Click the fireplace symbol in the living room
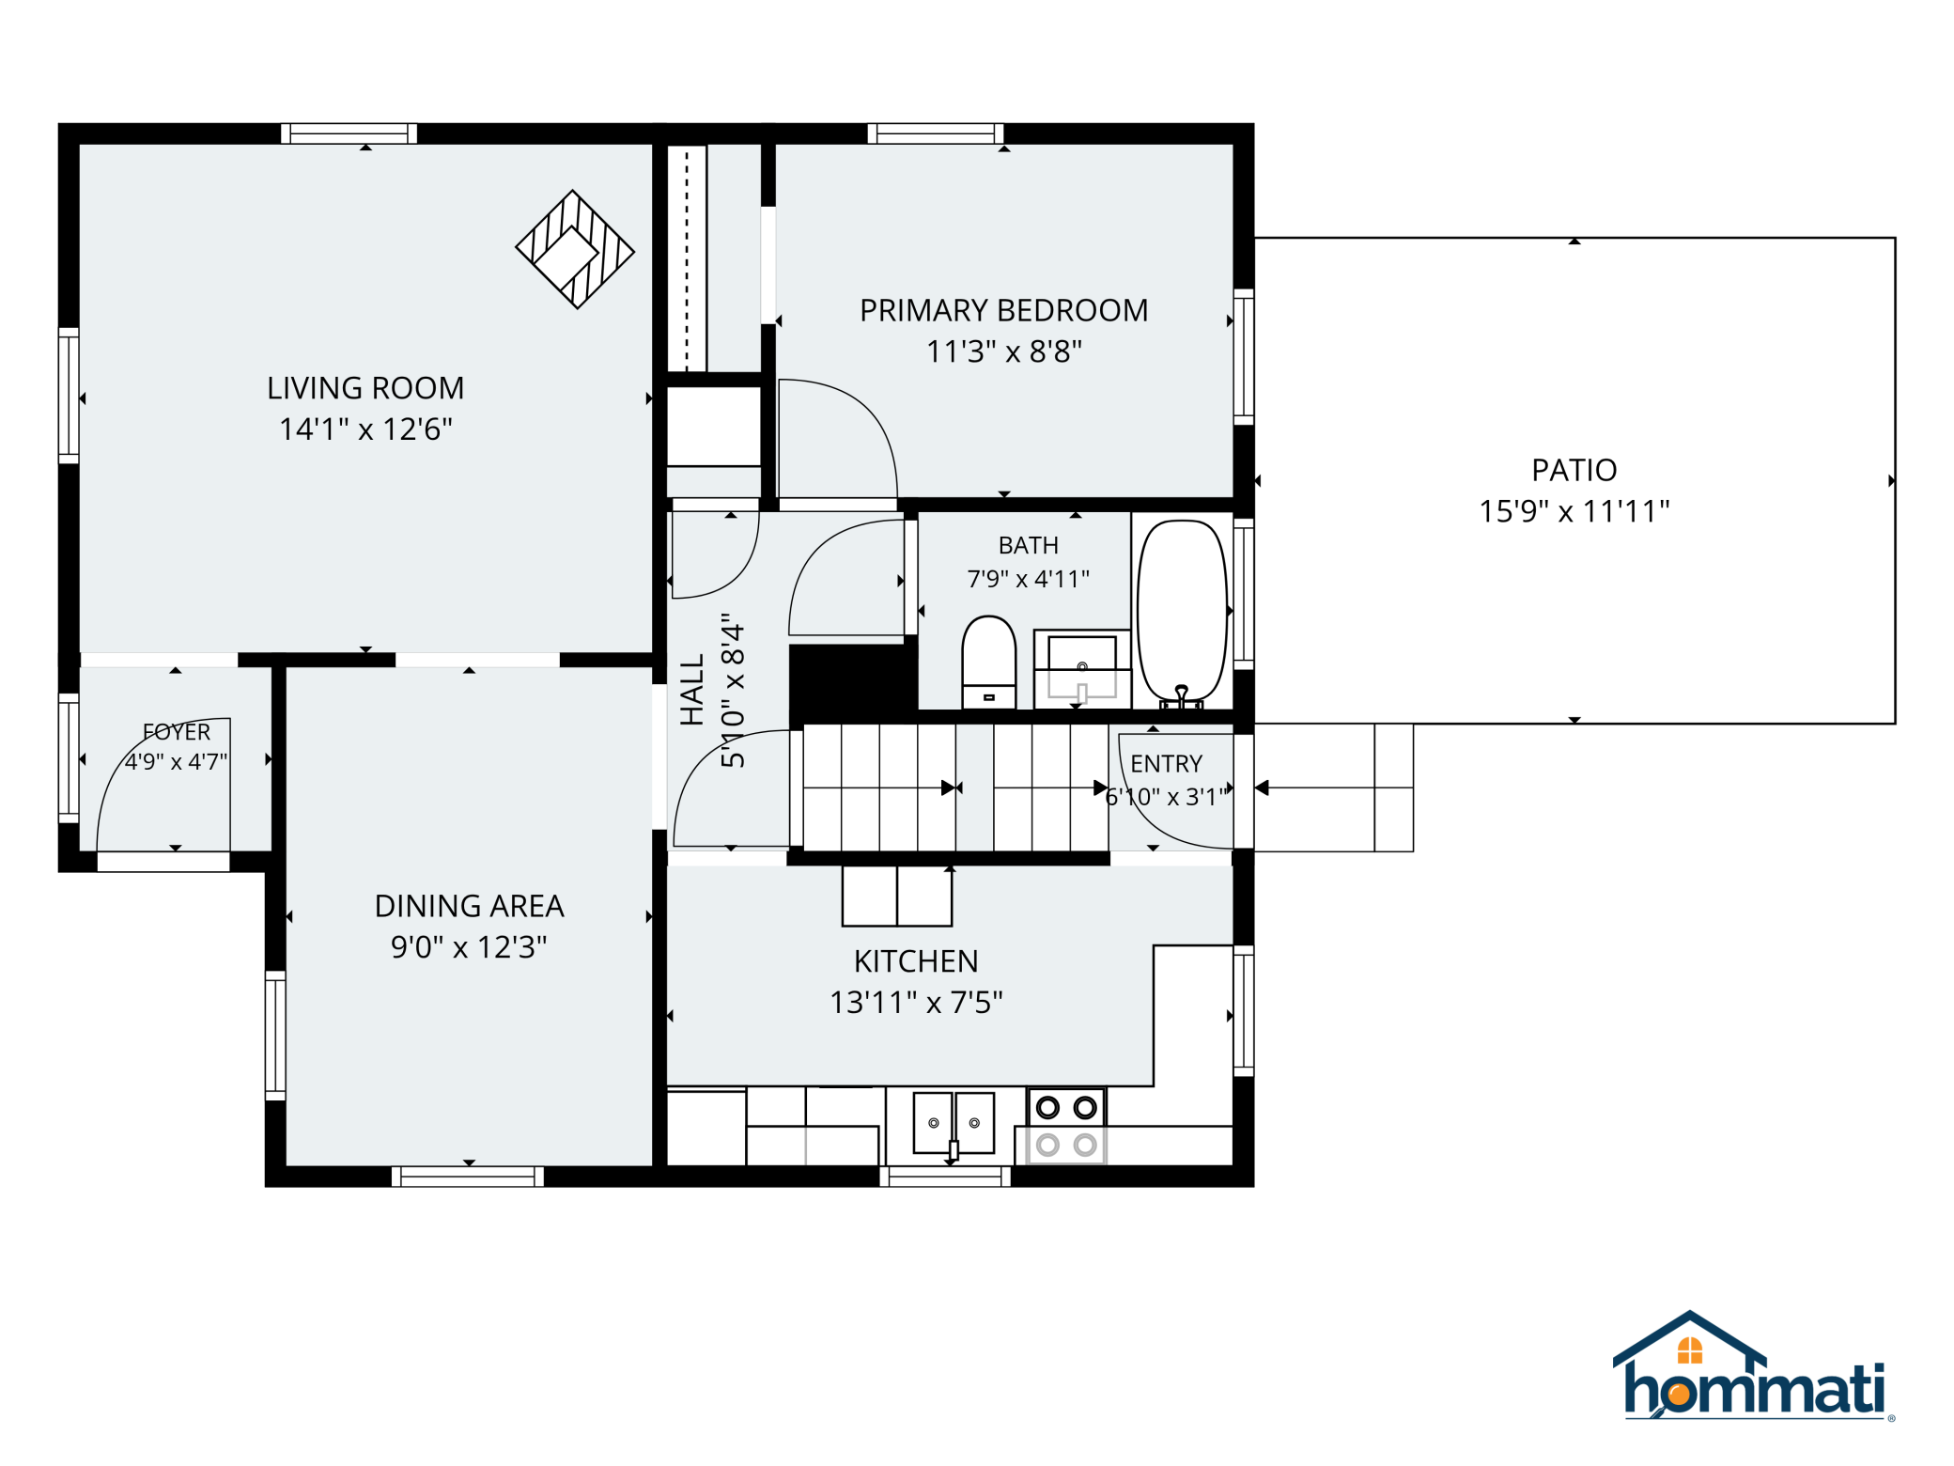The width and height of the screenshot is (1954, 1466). click(x=575, y=249)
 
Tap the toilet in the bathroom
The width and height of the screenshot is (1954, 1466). click(x=988, y=662)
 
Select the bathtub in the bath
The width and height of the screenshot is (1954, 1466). click(x=1182, y=613)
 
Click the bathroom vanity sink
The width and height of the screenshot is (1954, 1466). click(x=1081, y=668)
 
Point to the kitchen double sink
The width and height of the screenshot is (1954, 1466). click(x=954, y=1123)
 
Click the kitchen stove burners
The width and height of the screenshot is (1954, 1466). click(x=1066, y=1126)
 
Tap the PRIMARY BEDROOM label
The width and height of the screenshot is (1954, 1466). click(x=1003, y=310)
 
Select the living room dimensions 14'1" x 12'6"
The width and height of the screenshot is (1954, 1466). click(x=365, y=429)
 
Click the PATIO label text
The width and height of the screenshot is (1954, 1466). click(x=1574, y=470)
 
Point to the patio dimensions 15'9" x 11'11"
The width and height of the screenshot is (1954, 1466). click(x=1574, y=511)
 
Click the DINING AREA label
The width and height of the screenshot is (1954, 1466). click(x=469, y=906)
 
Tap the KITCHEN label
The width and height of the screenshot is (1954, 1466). click(x=916, y=961)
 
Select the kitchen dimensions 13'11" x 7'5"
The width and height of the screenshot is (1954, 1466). click(x=916, y=1003)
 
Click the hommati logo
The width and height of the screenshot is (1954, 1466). click(x=1753, y=1366)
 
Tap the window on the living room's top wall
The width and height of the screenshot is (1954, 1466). click(x=349, y=133)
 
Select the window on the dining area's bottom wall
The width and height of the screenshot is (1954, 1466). click(x=467, y=1177)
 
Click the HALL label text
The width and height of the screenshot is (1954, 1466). click(x=692, y=690)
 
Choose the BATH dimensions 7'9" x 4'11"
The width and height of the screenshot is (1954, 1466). click(x=1029, y=579)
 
